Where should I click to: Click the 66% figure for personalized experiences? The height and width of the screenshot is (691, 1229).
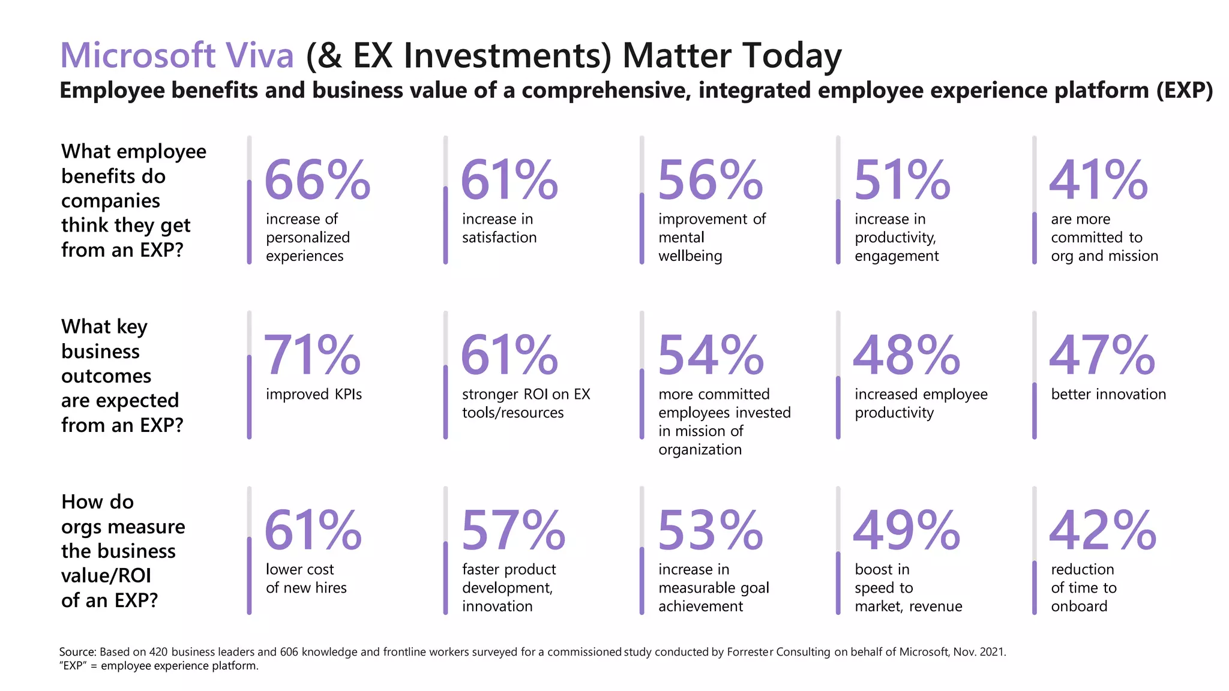(317, 180)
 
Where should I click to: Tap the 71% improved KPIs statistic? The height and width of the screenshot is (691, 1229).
(312, 355)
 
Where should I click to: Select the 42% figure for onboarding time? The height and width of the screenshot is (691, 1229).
(1102, 530)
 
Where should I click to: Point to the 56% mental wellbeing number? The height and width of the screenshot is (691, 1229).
(710, 180)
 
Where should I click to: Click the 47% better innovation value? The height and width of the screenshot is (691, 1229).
(1102, 355)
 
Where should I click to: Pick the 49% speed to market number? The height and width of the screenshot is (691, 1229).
(906, 530)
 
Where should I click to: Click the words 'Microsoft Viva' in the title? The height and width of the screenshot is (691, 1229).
(177, 55)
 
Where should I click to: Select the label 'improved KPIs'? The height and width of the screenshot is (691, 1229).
(314, 394)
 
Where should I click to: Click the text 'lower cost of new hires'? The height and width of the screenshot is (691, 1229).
(306, 578)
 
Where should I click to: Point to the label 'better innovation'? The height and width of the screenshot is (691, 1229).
(1108, 394)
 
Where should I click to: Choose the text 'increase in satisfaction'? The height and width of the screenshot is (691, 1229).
(499, 228)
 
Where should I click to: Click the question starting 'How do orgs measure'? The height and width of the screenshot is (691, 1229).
(123, 551)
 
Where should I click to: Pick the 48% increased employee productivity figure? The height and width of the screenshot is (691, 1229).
(906, 355)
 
